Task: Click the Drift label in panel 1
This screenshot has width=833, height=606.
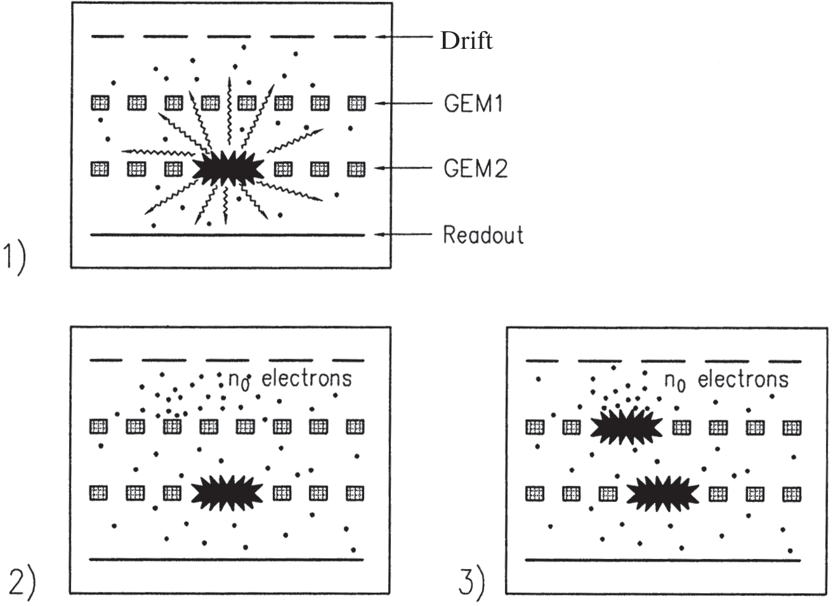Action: [466, 41]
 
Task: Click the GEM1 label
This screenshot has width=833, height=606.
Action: [473, 103]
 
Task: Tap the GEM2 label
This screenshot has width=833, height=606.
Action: [475, 169]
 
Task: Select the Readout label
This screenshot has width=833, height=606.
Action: [483, 235]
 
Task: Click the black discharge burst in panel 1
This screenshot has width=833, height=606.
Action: [227, 170]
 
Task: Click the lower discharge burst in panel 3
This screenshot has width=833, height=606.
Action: [663, 493]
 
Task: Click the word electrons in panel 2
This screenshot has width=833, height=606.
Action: [306, 379]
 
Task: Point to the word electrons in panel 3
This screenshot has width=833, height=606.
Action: [743, 379]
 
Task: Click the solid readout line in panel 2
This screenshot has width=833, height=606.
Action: [226, 560]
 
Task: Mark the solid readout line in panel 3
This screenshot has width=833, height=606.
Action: [663, 560]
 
